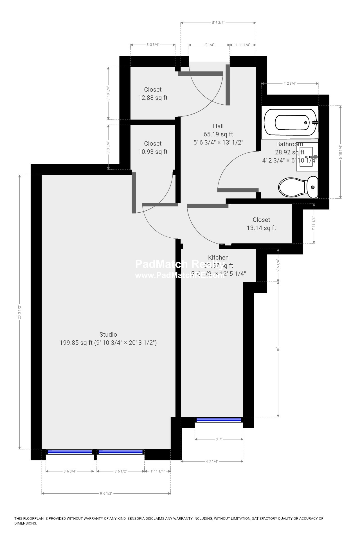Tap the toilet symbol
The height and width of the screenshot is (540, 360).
298,187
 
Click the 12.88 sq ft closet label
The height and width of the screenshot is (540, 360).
153,94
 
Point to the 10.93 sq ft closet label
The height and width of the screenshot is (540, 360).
153,148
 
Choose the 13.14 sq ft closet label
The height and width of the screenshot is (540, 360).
261,224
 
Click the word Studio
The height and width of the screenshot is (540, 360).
108,334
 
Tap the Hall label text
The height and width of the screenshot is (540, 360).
218,126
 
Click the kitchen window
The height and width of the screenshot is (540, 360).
219,420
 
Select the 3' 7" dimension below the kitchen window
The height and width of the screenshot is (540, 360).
219,439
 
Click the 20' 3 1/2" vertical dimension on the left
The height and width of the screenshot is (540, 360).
19,312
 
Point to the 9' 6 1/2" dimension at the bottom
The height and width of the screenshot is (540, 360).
106,493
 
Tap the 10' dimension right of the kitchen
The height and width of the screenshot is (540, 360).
278,349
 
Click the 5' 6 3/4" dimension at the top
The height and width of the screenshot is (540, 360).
218,23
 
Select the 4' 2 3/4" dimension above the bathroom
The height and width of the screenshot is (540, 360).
289,83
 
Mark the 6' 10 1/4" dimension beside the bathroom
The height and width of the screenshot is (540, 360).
341,152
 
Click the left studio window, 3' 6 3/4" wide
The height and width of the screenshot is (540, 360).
70,452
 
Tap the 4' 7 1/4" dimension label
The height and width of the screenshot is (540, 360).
212,461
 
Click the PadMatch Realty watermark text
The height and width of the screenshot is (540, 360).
180,264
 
